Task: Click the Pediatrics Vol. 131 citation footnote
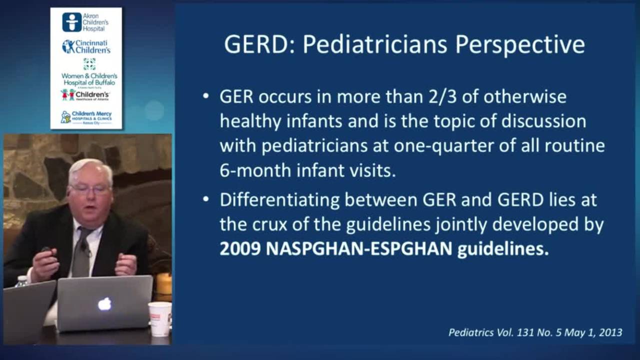[535, 332]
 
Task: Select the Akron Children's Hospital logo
[85, 22]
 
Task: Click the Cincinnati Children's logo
[86, 46]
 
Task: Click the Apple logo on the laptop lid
[104, 303]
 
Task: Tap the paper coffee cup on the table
[159, 318]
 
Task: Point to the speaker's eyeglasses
[90, 189]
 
